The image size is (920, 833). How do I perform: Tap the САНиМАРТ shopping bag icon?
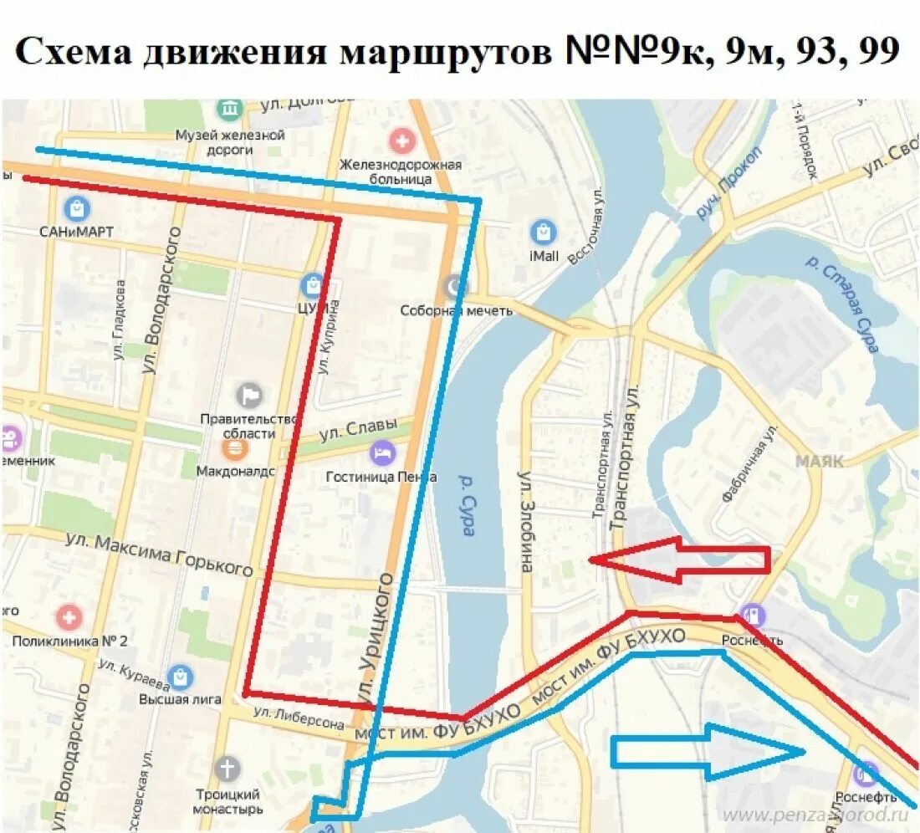(x=76, y=207)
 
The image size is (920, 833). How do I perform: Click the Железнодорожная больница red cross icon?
(x=402, y=140)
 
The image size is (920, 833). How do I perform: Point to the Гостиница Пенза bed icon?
(x=382, y=453)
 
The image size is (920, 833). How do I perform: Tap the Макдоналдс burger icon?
(x=235, y=449)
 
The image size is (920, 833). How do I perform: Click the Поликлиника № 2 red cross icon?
(x=69, y=618)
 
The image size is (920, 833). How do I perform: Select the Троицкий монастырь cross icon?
(x=227, y=768)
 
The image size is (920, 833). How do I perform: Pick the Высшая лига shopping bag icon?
(x=180, y=677)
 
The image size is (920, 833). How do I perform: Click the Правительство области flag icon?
(x=249, y=394)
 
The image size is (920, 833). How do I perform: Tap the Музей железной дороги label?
(x=230, y=142)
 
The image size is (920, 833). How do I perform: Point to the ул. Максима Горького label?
(x=159, y=555)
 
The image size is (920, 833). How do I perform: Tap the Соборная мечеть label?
(x=456, y=310)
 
